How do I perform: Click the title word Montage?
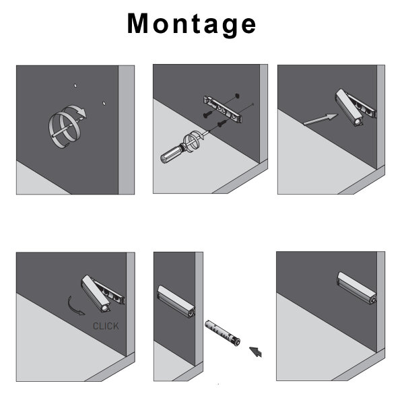tap(191, 24)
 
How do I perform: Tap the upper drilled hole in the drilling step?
tap(75, 86)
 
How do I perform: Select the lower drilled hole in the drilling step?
tap(104, 103)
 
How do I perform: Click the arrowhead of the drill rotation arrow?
tap(83, 112)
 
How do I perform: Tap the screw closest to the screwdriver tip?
tap(222, 124)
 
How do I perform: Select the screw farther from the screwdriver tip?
tap(207, 114)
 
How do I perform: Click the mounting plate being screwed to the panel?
tap(223, 109)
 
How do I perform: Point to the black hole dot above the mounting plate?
tap(237, 96)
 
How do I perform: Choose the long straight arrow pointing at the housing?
tap(321, 120)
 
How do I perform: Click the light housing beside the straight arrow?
tap(349, 107)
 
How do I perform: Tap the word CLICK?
tap(106, 326)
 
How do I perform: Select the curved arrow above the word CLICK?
tap(75, 306)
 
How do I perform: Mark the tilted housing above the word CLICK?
tap(96, 293)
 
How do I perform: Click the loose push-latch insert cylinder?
tap(223, 333)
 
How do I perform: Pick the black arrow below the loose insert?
tap(256, 351)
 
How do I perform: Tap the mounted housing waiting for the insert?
tap(176, 301)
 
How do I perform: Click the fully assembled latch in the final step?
tap(357, 288)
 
